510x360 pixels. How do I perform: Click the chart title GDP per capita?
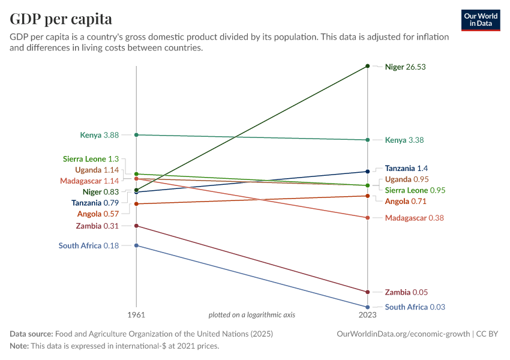pyautogui.click(x=61, y=19)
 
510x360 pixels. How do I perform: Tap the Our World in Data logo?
pyautogui.click(x=481, y=20)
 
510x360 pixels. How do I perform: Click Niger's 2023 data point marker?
pyautogui.click(x=368, y=65)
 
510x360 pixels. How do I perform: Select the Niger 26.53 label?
pyautogui.click(x=405, y=67)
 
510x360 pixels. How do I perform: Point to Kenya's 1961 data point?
pyautogui.click(x=137, y=135)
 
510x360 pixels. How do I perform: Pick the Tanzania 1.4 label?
pyautogui.click(x=406, y=169)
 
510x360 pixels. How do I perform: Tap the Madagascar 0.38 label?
pyautogui.click(x=414, y=218)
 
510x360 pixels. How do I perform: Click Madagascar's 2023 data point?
pyautogui.click(x=368, y=218)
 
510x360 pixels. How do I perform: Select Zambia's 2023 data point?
pyautogui.click(x=368, y=292)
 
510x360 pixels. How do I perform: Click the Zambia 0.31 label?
pyautogui.click(x=97, y=226)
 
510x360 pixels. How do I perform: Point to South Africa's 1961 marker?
pyautogui.click(x=137, y=245)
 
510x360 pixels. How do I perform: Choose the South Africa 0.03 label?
pyautogui.click(x=415, y=307)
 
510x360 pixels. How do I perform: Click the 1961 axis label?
pyautogui.click(x=137, y=315)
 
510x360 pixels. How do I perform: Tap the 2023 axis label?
pyautogui.click(x=368, y=315)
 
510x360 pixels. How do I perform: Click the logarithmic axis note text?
pyautogui.click(x=251, y=315)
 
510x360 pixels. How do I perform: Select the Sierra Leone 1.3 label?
pyautogui.click(x=91, y=159)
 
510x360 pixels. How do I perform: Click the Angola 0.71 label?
pyautogui.click(x=406, y=202)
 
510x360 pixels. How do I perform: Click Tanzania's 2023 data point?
pyautogui.click(x=368, y=172)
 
